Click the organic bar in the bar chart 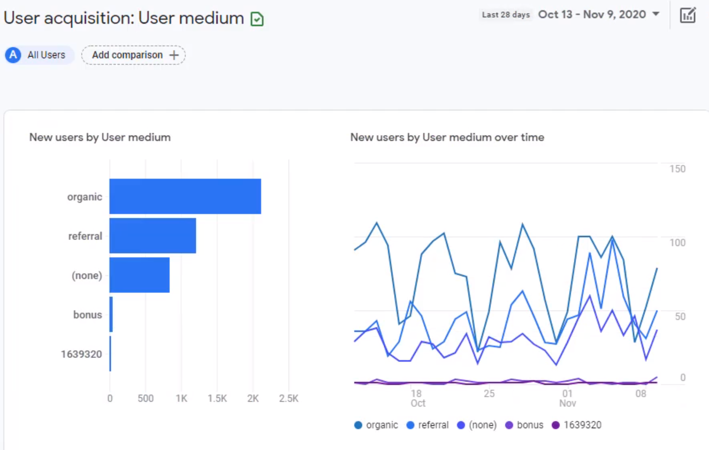click(185, 196)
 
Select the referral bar click(153, 236)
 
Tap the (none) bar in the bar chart click(139, 275)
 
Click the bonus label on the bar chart click(88, 315)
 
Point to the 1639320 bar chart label click(81, 354)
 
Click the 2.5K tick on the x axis click(288, 399)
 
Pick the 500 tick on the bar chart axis click(145, 399)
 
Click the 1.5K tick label click(217, 399)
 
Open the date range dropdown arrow click(655, 14)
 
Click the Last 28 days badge click(506, 15)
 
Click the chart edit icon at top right click(688, 15)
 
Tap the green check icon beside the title click(257, 20)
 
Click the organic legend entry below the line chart click(376, 425)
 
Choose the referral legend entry click(428, 425)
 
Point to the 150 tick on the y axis click(677, 169)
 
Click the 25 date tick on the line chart click(489, 394)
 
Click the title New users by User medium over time click(447, 138)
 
